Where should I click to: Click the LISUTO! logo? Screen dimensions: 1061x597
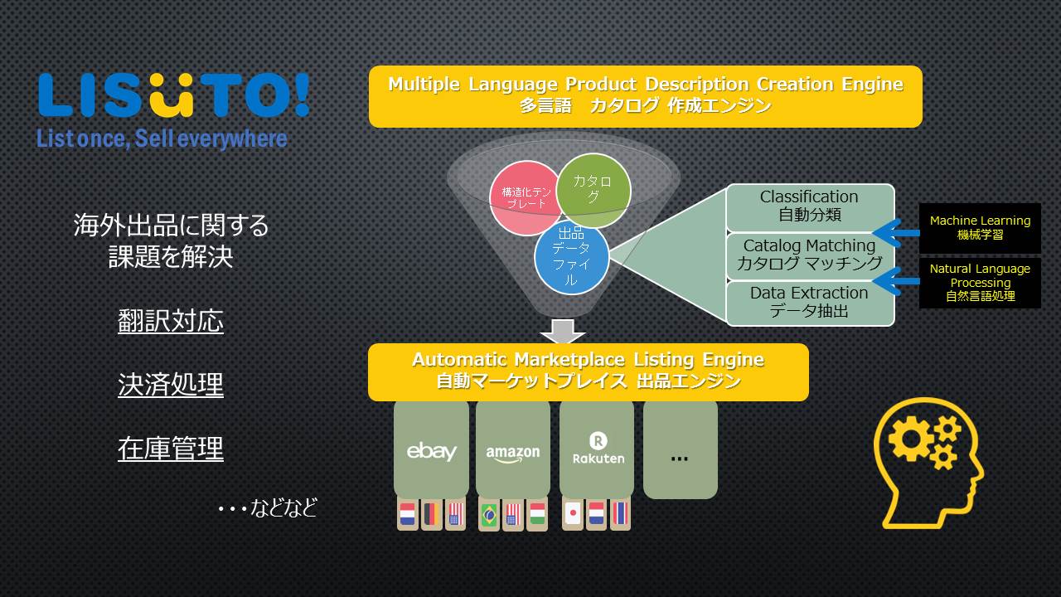tap(174, 95)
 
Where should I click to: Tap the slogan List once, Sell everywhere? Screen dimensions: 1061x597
tap(162, 138)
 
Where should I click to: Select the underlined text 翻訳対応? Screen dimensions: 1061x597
tap(171, 321)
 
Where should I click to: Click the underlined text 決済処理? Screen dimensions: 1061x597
tap(171, 384)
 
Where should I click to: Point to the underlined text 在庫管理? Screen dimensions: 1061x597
tap(171, 449)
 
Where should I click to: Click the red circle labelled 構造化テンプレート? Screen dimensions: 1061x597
tap(526, 198)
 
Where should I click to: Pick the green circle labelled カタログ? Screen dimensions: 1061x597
tap(593, 190)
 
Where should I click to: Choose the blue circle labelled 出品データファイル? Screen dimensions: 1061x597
tap(571, 257)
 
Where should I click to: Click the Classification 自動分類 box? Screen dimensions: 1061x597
tap(810, 206)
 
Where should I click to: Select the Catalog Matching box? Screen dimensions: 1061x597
tap(810, 255)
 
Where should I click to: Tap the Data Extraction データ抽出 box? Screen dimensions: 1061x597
tap(810, 303)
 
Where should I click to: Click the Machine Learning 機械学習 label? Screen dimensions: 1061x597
tap(980, 228)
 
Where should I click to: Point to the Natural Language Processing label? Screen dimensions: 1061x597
tap(980, 283)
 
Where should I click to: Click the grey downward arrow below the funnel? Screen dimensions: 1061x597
tap(563, 331)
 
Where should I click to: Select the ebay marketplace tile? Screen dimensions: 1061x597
tap(432, 449)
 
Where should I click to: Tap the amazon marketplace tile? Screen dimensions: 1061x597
tap(513, 449)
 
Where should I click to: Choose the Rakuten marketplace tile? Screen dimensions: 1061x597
tap(597, 449)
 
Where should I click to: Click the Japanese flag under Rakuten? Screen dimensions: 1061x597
tap(573, 513)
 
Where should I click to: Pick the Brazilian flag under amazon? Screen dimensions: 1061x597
tap(489, 513)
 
